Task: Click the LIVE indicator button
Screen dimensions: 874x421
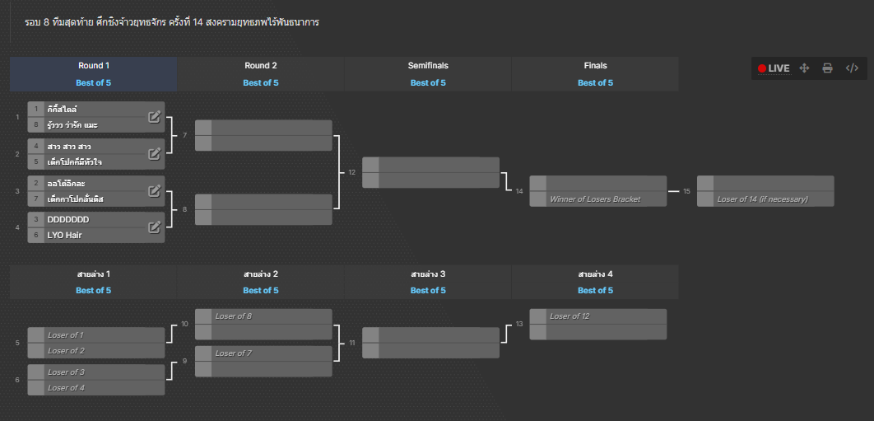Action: point(774,68)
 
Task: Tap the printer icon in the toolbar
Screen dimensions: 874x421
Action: point(828,68)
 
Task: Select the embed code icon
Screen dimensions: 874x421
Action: point(852,68)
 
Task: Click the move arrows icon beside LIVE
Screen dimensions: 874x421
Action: point(804,68)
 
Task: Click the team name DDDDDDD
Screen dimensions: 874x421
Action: point(68,219)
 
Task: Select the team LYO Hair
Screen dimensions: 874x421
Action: point(65,235)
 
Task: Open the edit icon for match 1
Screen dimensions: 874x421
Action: point(155,117)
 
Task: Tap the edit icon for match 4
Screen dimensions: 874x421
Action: point(155,227)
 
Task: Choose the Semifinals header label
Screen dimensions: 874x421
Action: point(428,65)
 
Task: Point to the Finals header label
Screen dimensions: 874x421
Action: point(595,65)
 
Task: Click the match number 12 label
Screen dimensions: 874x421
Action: point(351,172)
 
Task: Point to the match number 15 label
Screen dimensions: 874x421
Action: point(686,191)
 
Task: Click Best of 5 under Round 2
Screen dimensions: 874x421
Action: point(261,82)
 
